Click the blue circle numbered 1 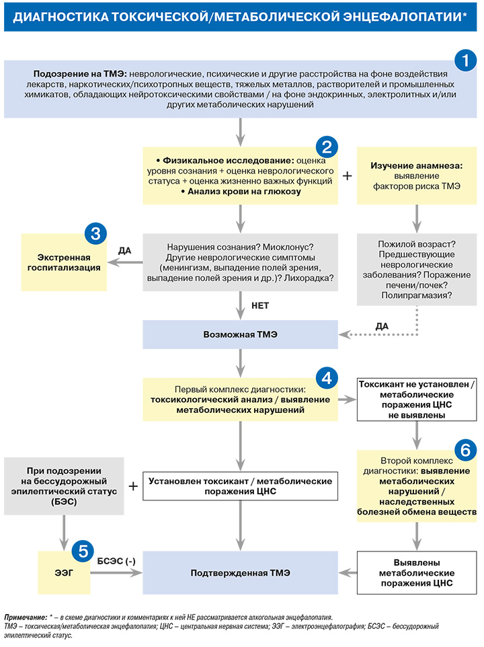pos(465,61)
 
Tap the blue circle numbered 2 pos(327,147)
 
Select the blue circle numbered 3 pos(95,233)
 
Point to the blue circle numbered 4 pos(327,378)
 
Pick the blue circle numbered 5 pos(83,551)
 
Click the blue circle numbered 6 pos(465,450)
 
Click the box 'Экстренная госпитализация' pos(64,262)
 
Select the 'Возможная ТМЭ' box pos(241,335)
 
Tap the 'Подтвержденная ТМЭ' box pos(241,573)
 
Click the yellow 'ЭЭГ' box pos(64,573)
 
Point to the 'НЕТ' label pos(260,306)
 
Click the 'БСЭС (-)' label pos(116,561)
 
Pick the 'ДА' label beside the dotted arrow pos(382,326)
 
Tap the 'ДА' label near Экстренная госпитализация pos(125,250)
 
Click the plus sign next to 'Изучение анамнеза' pos(347,176)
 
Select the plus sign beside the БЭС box pos(133,486)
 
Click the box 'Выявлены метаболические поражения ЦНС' pos(417,573)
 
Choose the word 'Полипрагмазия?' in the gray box pos(416,295)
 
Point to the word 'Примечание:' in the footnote pos(26,617)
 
